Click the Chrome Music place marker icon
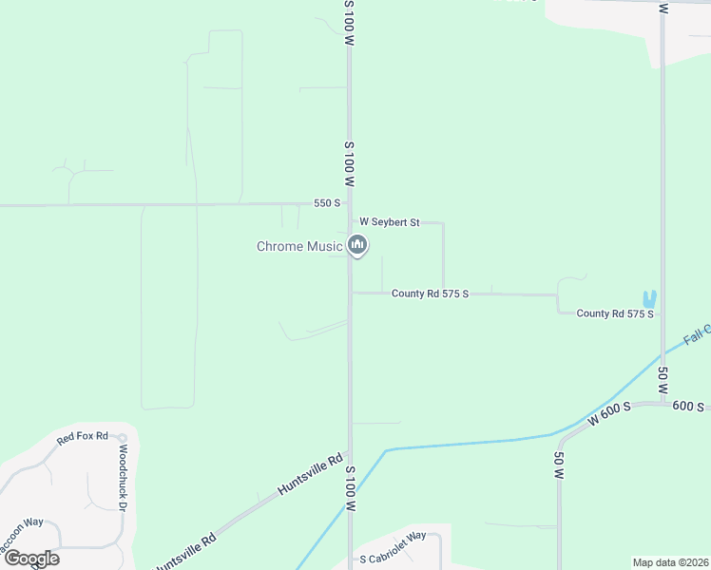pos(358,246)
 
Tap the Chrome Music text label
pos(299,247)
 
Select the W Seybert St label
pos(389,222)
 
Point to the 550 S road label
pos(327,203)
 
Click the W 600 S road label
pos(610,415)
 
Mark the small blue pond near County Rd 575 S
pos(649,298)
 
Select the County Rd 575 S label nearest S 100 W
pos(430,294)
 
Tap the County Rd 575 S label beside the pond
pos(615,313)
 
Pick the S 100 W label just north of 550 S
pos(350,163)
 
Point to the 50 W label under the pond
pos(663,382)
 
